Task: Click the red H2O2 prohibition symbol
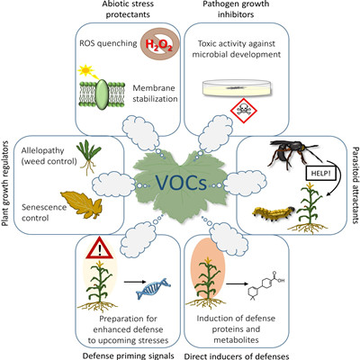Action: coord(160,44)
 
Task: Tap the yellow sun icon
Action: coord(85,70)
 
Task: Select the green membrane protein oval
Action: coord(102,94)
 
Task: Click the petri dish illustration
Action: coord(237,88)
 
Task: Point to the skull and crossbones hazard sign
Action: coord(243,111)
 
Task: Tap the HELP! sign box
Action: coord(319,174)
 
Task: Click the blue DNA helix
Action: coord(153,288)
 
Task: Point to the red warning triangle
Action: coord(99,248)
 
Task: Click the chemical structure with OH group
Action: coord(265,285)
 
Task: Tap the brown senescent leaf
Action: coord(82,205)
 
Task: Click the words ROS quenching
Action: coord(108,43)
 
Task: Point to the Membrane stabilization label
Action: coord(155,94)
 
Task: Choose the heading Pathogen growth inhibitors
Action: coord(236,9)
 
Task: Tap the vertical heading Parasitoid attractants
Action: coord(355,185)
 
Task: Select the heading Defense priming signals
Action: coord(128,355)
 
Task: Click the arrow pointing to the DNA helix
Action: coord(135,282)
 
